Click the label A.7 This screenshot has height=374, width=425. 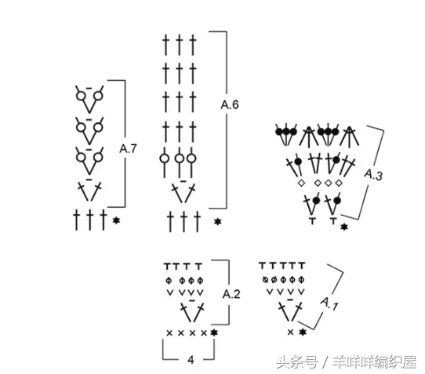128,149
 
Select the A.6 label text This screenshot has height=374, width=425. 230,104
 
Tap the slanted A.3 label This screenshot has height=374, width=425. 373,175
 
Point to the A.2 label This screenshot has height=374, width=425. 231,294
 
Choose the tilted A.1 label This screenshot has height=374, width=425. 329,303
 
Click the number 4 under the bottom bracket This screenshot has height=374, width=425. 191,360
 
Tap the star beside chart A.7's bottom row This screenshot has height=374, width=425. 116,220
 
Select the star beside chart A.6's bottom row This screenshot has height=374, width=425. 218,222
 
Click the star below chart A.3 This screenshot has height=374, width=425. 344,227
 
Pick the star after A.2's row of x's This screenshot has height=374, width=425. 214,332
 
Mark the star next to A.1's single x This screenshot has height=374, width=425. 303,332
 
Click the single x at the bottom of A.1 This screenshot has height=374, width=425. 290,332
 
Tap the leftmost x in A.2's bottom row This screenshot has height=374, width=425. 169,332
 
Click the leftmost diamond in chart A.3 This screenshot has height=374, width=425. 301,183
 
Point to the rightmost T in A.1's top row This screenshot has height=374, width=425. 302,265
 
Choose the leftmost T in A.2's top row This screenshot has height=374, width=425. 168,266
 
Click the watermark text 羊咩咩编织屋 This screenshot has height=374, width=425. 375,361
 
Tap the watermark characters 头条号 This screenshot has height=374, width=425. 297,361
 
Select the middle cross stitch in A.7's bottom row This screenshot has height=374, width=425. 89,220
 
